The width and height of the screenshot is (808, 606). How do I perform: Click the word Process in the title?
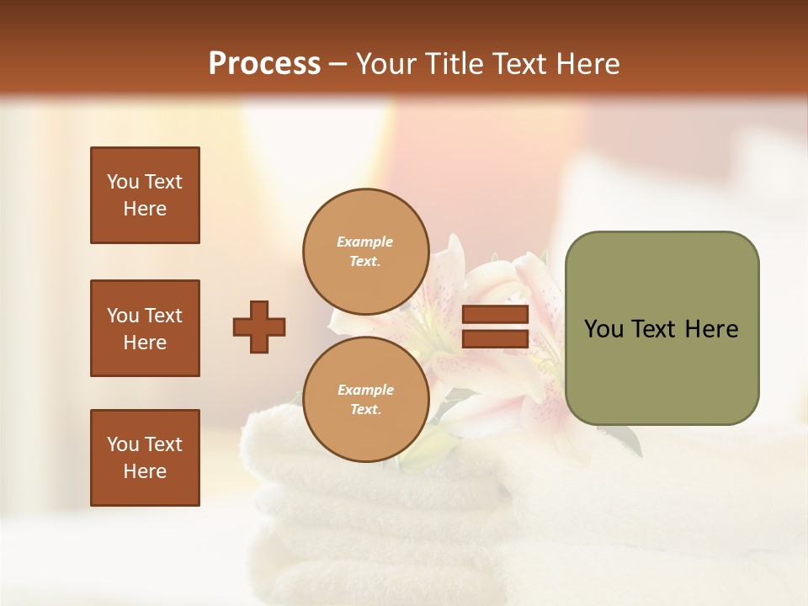(264, 64)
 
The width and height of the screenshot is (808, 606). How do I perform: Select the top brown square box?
(145, 195)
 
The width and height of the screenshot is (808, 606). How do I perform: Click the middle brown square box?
(145, 328)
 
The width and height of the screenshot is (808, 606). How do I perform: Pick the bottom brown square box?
(145, 457)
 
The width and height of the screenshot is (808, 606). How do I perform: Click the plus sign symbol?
(259, 327)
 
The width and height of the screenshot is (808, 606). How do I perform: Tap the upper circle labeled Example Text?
(364, 250)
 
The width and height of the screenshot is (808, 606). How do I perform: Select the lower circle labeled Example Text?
(364, 399)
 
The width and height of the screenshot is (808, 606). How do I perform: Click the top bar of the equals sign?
(495, 315)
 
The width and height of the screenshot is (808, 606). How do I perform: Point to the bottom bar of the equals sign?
(495, 338)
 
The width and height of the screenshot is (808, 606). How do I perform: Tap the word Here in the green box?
(711, 329)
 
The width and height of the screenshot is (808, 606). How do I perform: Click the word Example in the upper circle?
(364, 242)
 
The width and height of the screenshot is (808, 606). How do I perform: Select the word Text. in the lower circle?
(365, 409)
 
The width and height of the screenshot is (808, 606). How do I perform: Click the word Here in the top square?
(145, 209)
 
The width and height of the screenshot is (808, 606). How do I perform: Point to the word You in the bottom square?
(123, 444)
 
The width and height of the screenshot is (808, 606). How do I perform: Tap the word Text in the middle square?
(163, 316)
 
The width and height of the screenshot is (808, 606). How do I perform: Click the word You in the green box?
(603, 329)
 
